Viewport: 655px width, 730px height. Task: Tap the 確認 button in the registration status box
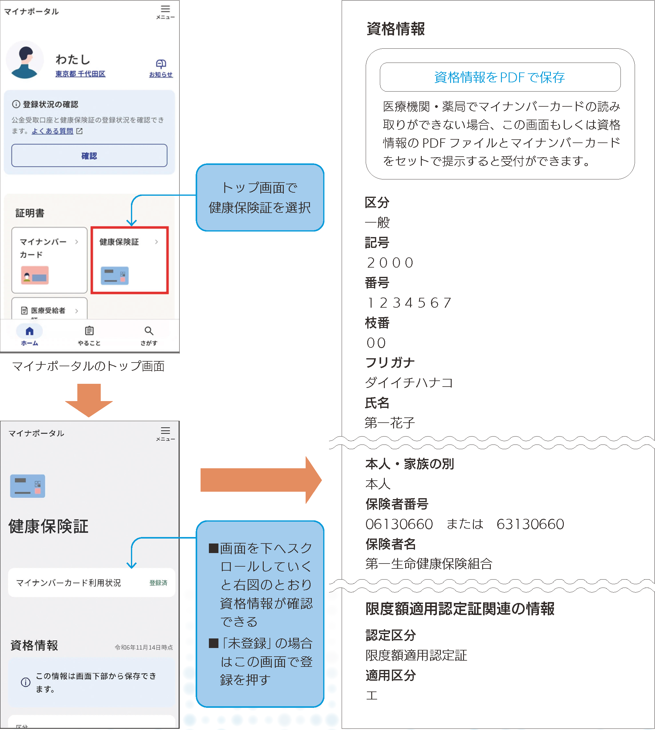tap(89, 156)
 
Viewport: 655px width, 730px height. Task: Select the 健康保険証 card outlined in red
tap(129, 260)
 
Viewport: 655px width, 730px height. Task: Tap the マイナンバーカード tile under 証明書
tap(49, 260)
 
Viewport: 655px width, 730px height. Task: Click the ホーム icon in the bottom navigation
tap(30, 331)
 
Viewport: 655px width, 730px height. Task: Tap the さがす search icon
tap(148, 331)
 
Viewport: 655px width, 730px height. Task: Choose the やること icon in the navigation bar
tap(89, 331)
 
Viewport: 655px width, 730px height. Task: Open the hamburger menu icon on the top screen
tap(165, 9)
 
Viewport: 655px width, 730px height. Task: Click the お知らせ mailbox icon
tap(161, 64)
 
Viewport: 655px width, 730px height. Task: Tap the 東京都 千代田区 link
tap(80, 74)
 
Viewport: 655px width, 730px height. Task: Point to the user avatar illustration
tap(24, 60)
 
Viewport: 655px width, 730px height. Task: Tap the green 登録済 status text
tap(158, 583)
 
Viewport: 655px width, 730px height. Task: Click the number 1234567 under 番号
tap(409, 303)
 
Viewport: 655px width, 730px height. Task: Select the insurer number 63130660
tap(530, 524)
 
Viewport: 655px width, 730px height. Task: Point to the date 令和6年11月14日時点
tap(144, 647)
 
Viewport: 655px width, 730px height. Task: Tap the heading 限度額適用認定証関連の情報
tap(460, 609)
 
